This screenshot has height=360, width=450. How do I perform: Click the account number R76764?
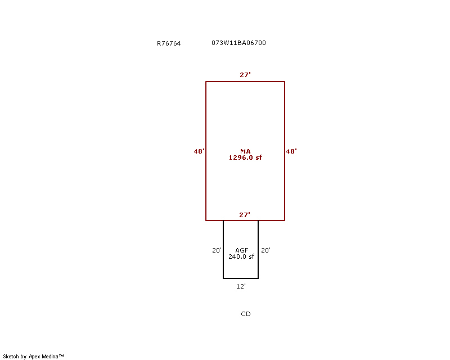tap(169, 43)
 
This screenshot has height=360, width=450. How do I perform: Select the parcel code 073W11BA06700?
tap(238, 43)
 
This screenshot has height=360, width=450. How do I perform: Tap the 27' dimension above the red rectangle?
tap(245, 75)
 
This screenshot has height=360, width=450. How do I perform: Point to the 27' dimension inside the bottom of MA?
tap(245, 215)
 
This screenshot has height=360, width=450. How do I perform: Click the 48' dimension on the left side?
tap(199, 151)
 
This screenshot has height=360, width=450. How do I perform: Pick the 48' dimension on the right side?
tap(291, 151)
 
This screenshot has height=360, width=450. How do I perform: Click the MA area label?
tap(245, 151)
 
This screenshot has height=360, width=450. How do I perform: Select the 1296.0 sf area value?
tap(245, 157)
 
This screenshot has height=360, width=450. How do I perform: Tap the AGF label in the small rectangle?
tap(242, 250)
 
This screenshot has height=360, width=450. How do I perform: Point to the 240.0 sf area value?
tap(241, 256)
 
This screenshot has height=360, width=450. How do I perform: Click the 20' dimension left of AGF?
tap(217, 250)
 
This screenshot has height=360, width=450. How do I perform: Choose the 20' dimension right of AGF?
tap(265, 250)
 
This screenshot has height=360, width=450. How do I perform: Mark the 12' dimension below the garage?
tap(241, 286)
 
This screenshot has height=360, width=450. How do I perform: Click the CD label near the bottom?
tap(246, 314)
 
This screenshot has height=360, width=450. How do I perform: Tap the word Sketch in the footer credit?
tap(11, 357)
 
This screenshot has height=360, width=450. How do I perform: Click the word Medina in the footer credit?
tap(50, 357)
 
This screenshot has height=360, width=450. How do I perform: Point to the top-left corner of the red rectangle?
tap(206, 82)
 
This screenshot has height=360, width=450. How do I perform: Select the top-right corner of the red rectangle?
tap(285, 82)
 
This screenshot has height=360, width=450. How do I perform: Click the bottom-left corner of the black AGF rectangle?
tap(223, 278)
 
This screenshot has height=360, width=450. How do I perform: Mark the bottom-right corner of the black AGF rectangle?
tap(258, 278)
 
